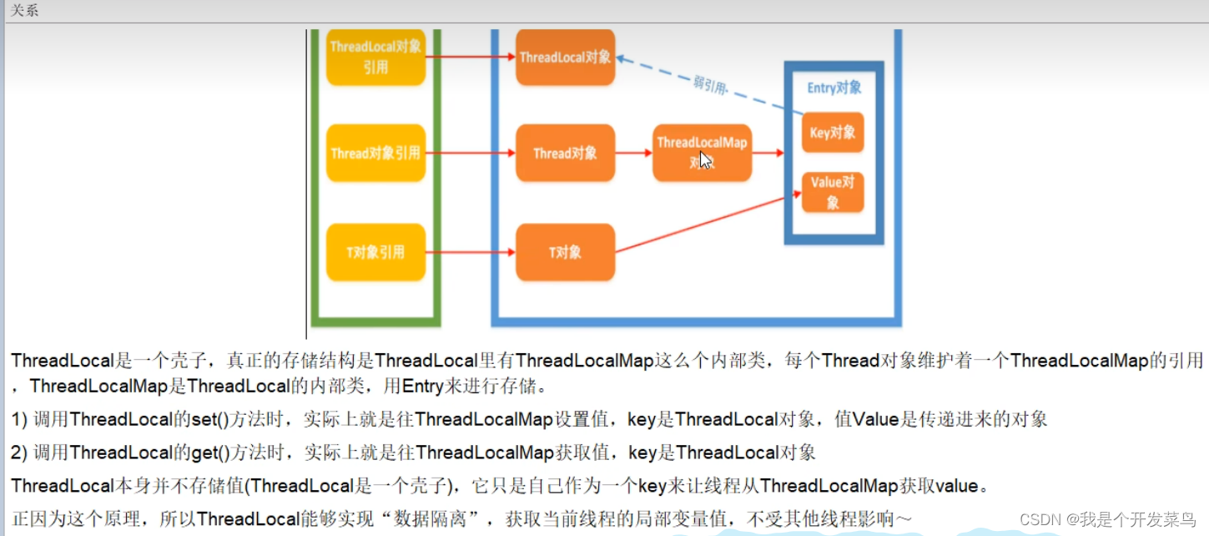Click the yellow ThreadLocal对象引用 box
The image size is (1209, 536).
pyautogui.click(x=375, y=57)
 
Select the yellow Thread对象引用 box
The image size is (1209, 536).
pyautogui.click(x=375, y=153)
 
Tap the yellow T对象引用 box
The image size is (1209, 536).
pyautogui.click(x=375, y=252)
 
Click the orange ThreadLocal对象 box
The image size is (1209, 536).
pyautogui.click(x=565, y=57)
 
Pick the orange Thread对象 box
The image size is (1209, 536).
pyautogui.click(x=565, y=153)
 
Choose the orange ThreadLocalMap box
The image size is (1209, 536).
pyautogui.click(x=702, y=152)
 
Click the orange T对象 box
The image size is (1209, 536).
pyautogui.click(x=565, y=252)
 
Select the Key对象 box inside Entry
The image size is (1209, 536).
pyautogui.click(x=832, y=133)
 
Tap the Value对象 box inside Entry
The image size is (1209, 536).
pyautogui.click(x=832, y=192)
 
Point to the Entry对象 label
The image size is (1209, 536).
pyautogui.click(x=834, y=88)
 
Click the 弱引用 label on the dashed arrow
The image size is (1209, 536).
pyautogui.click(x=709, y=84)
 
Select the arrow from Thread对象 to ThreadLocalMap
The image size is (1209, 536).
pyautogui.click(x=634, y=153)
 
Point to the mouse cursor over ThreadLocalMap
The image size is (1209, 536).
pyautogui.click(x=704, y=159)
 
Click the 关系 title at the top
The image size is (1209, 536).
pyautogui.click(x=24, y=10)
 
